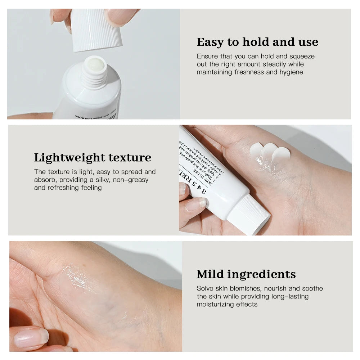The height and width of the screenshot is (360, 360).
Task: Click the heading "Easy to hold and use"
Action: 257,42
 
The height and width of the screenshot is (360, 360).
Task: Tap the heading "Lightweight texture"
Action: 93,158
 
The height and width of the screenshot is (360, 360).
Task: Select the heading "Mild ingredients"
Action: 246,274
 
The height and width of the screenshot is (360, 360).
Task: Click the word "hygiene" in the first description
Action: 289,72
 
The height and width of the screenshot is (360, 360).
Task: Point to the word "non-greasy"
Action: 131,180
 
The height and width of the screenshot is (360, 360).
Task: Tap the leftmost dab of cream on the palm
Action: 257,149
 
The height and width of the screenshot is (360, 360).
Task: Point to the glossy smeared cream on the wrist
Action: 77,277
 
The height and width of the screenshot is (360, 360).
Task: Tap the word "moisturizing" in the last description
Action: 216,304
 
